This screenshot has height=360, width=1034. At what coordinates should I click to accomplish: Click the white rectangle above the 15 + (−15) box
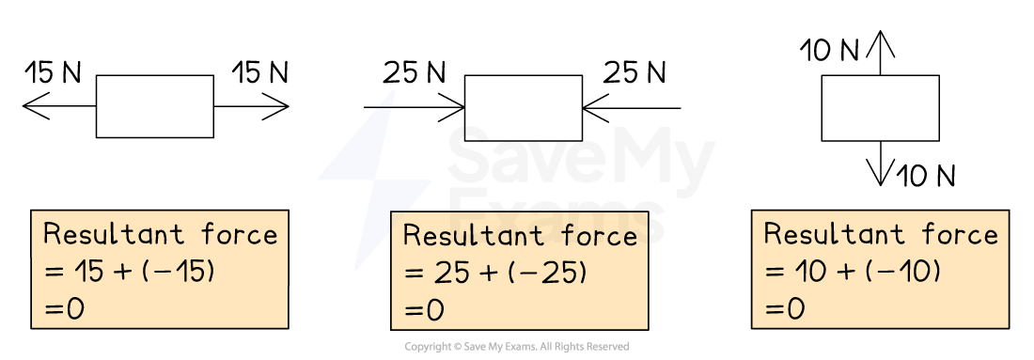pos(155,106)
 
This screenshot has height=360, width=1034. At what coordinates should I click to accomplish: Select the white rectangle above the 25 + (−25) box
pos(524,108)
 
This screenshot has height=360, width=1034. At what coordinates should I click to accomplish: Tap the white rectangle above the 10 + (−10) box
pos(881,108)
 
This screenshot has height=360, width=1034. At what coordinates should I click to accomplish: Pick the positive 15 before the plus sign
pos(91,272)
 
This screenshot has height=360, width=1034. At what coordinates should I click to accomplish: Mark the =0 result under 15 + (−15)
pos(64,309)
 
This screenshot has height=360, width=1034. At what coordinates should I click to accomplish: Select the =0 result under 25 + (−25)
pos(424,311)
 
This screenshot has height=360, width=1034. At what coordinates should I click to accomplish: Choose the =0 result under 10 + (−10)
pos(785,309)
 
